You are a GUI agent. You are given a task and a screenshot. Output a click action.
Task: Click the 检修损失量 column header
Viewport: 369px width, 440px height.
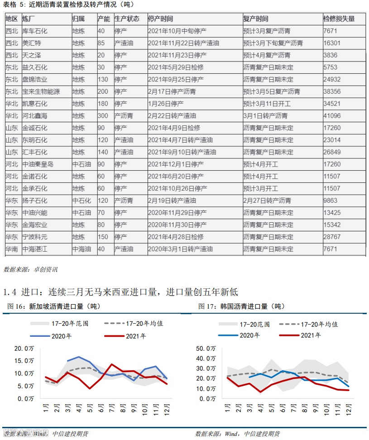click(x=339, y=19)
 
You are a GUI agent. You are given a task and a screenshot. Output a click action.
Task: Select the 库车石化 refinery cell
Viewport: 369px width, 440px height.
click(x=35, y=31)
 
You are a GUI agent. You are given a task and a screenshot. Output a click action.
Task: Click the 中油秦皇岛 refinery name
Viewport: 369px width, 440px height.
click(x=38, y=164)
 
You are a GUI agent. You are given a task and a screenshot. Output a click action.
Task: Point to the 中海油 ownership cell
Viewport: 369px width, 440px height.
click(x=81, y=249)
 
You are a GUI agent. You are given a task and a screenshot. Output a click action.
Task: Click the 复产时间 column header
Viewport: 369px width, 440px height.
click(x=255, y=19)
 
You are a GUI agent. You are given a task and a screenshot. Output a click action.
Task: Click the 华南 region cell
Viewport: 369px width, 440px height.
click(x=12, y=249)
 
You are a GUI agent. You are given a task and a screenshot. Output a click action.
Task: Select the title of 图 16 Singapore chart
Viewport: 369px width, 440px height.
click(x=53, y=306)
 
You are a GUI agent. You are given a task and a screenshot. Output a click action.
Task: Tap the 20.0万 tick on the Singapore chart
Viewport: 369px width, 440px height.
click(x=24, y=348)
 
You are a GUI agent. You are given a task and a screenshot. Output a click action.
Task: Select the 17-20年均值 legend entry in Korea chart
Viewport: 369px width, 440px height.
click(x=320, y=324)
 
